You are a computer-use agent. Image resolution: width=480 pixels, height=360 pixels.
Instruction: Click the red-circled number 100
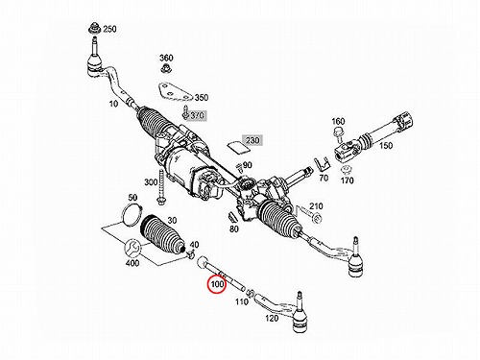point(217,284)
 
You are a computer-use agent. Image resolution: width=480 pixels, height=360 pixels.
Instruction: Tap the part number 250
point(109,29)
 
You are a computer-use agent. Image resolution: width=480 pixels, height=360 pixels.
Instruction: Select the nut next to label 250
point(95,28)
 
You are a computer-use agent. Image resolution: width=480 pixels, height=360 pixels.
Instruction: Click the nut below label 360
point(166,68)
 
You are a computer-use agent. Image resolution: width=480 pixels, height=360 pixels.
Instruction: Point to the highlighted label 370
point(197,115)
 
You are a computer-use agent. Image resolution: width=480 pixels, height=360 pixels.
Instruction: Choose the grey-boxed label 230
point(252,140)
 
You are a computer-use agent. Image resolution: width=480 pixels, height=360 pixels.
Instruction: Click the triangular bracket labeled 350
point(175,93)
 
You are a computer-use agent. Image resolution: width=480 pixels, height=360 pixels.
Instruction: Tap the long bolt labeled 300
point(160,186)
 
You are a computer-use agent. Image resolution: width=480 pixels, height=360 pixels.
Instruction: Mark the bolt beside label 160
point(338,133)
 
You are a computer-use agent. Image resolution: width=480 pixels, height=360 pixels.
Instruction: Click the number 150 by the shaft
point(386,146)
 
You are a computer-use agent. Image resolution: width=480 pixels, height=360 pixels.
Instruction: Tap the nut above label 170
point(346,169)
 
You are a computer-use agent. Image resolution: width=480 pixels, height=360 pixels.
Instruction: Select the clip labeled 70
point(322,164)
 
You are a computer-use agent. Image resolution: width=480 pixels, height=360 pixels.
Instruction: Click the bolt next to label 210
point(310,215)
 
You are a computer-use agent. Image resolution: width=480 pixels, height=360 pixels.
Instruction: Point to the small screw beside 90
point(239,168)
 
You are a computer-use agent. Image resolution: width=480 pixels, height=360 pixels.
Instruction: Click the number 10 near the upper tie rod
point(113,104)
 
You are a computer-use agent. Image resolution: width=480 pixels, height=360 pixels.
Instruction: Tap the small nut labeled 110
point(252,292)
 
